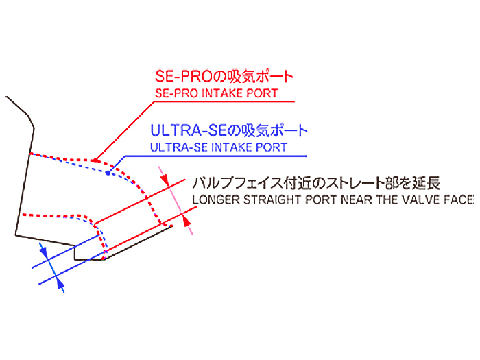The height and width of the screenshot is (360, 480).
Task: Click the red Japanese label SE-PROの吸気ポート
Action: (x=224, y=76)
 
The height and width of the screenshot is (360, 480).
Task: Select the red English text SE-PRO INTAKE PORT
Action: (x=217, y=93)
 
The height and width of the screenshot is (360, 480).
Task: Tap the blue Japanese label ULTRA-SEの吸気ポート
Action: (x=228, y=131)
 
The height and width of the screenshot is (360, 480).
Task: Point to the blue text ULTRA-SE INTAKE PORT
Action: (x=219, y=147)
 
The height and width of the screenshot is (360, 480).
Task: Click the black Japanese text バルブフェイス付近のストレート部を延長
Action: (x=316, y=183)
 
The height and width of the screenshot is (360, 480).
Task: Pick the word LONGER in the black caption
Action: (x=216, y=200)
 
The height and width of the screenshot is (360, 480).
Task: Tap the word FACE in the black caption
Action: (x=459, y=200)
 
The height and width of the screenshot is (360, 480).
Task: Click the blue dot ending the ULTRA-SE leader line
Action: (x=108, y=173)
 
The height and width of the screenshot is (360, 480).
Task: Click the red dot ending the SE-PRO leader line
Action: (x=95, y=160)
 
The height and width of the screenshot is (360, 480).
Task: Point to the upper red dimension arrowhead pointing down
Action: (x=166, y=180)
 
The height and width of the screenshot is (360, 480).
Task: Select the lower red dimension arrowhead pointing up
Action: (x=186, y=220)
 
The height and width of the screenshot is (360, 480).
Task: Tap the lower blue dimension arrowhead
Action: (x=60, y=286)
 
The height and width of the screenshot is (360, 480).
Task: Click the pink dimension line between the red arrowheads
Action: (x=176, y=200)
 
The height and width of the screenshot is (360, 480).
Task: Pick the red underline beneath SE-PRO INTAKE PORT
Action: (x=224, y=101)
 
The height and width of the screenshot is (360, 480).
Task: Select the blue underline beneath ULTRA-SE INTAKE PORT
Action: (x=216, y=156)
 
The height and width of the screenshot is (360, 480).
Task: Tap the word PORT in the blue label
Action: (x=272, y=147)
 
